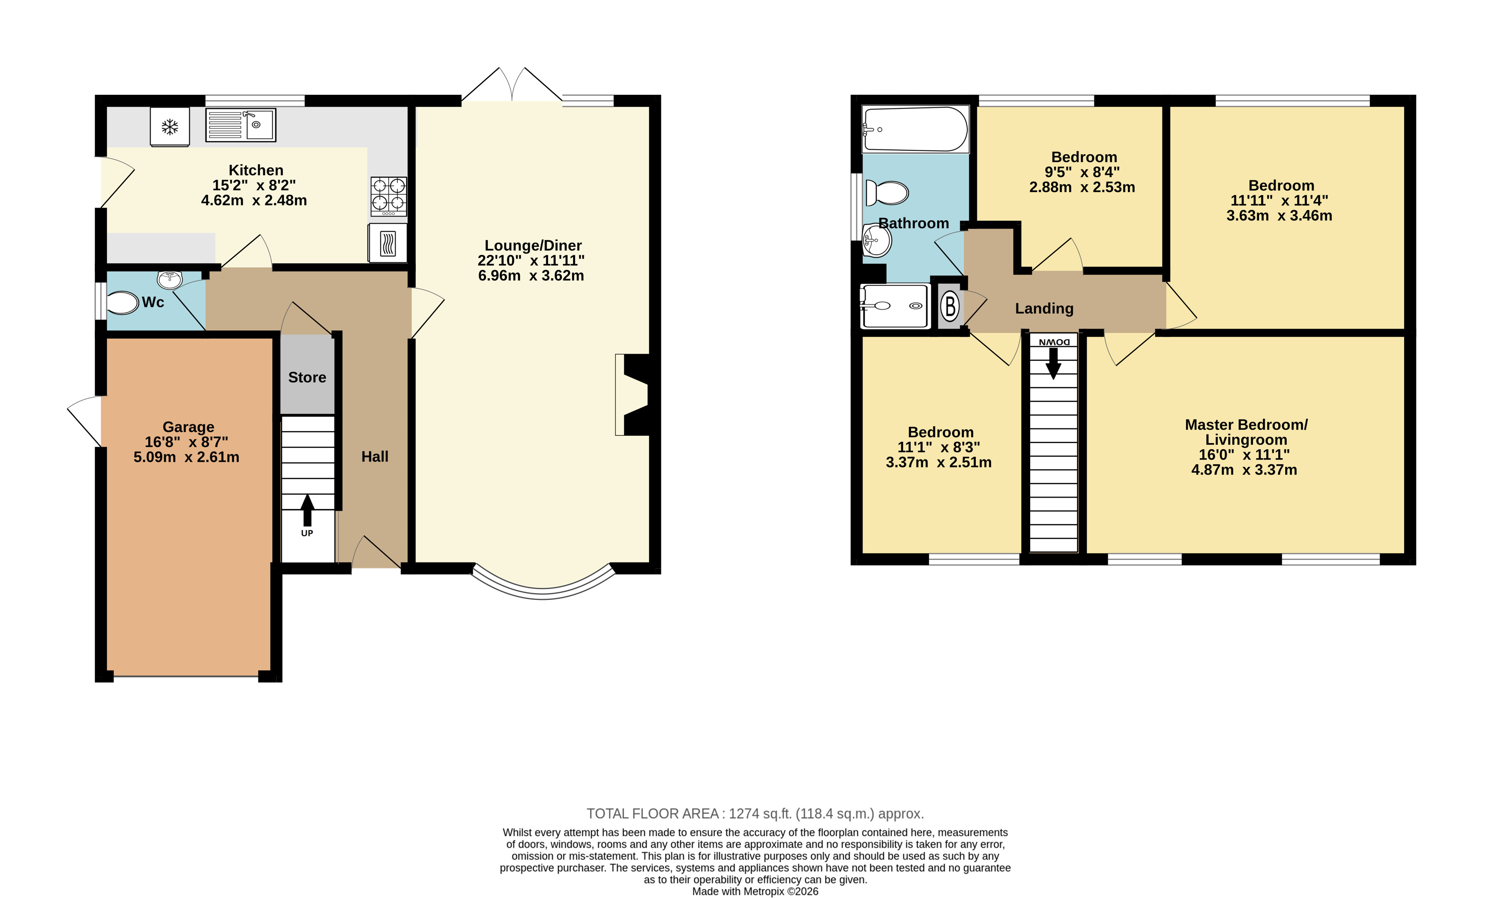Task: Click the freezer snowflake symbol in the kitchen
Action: coord(169,127)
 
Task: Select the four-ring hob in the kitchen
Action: coord(389,196)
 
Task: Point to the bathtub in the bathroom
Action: coord(915,129)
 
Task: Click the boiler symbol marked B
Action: coord(950,306)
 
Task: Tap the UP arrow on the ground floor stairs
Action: coord(308,510)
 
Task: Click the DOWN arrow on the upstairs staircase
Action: coord(1053,363)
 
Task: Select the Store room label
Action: coord(307,377)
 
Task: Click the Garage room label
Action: coord(188,427)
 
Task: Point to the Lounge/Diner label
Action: coord(533,245)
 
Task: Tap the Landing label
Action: coord(1044,309)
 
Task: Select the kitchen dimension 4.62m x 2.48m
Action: coord(254,200)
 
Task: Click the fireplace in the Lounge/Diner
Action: coord(632,395)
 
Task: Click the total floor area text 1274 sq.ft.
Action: coord(760,814)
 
